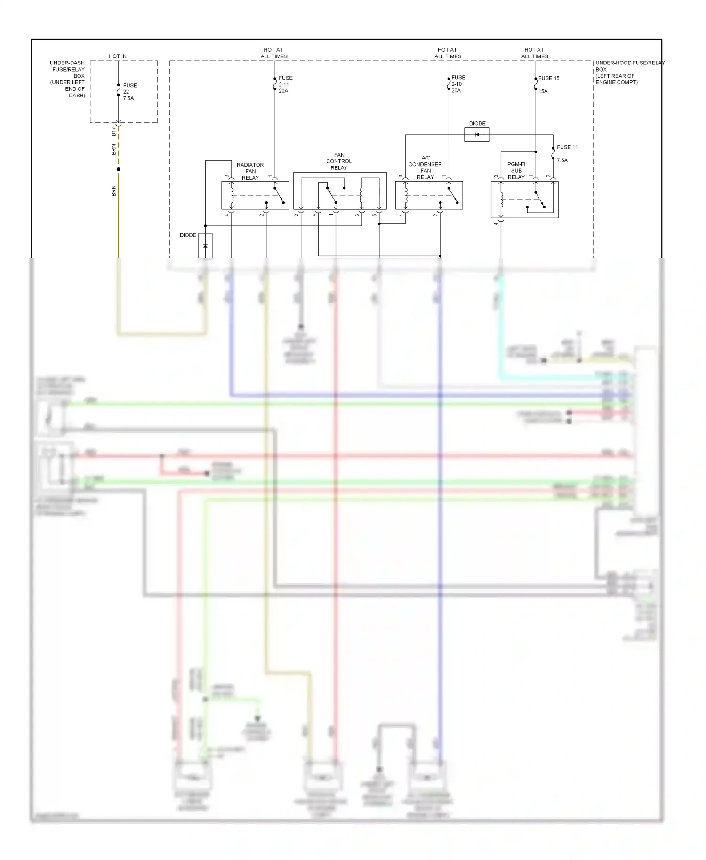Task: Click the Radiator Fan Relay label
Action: [250, 171]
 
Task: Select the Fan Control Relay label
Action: [339, 161]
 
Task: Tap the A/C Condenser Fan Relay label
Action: [425, 167]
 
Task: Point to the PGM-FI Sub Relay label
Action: [516, 171]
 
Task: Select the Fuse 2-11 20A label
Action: [285, 84]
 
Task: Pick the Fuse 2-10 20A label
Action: [458, 84]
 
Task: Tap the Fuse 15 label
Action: [549, 78]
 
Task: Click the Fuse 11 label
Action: [567, 147]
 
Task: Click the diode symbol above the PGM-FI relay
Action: [477, 135]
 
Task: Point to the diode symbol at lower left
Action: [205, 246]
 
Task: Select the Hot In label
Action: [118, 56]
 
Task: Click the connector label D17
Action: [113, 132]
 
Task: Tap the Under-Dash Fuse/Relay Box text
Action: [68, 79]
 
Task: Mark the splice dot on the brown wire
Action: [119, 169]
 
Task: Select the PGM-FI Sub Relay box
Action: [524, 199]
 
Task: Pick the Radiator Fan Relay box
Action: [255, 195]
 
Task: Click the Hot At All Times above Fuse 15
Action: [534, 53]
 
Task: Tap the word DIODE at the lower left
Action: [188, 235]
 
